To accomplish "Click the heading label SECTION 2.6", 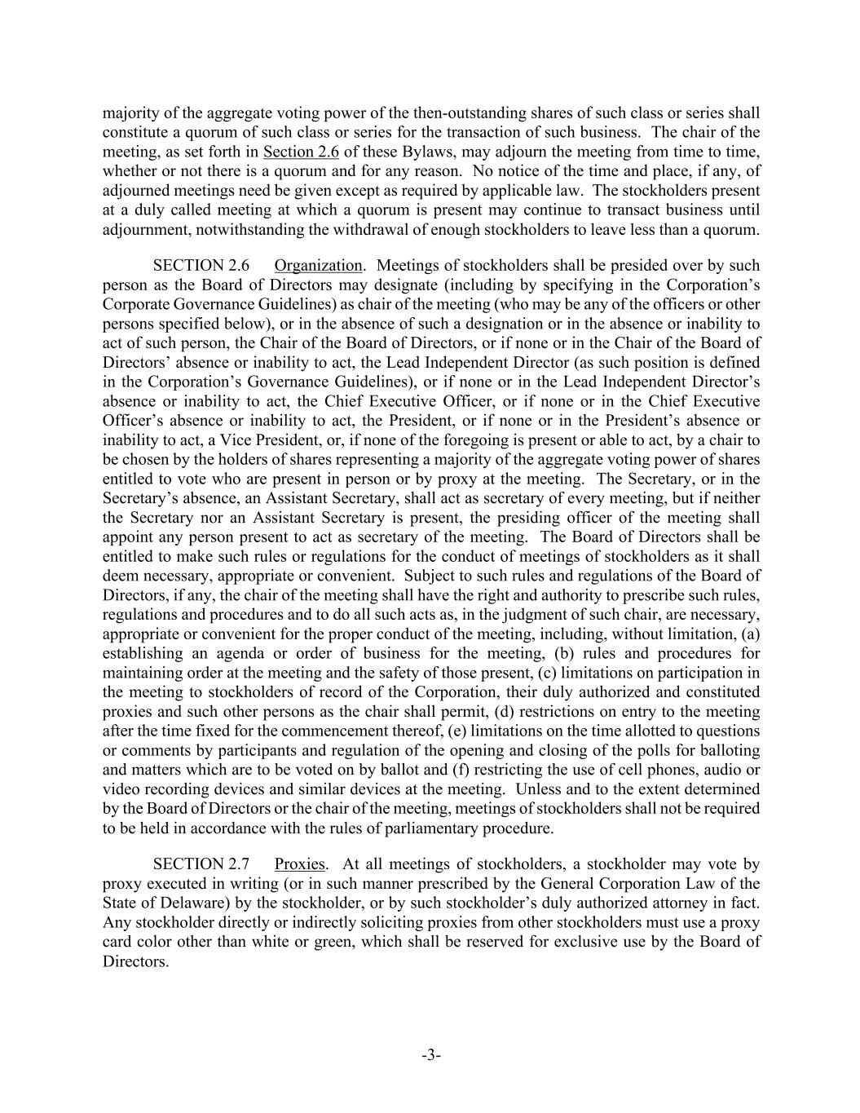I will [x=201, y=266].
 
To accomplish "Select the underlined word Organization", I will [x=318, y=266].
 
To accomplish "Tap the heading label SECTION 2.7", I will [x=201, y=864].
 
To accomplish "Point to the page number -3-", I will [x=431, y=1056].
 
